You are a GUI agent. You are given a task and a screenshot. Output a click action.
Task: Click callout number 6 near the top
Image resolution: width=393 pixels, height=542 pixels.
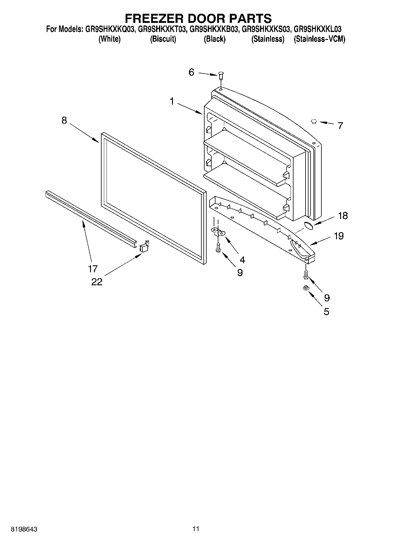pos(191,72)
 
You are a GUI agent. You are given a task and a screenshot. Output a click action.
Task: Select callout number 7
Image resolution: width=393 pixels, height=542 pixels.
pos(340,126)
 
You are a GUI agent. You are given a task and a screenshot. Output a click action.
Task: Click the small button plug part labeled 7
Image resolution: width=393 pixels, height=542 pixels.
pos(314,121)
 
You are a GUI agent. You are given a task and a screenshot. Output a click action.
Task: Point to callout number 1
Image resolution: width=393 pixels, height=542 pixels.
pos(172,101)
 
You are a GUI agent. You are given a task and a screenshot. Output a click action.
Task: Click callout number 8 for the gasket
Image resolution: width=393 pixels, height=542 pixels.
pos(64,120)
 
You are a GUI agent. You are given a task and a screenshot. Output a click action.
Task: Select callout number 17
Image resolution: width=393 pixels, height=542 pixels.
pos(93,269)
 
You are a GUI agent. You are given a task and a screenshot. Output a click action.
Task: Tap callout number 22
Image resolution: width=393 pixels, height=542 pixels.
pos(97,282)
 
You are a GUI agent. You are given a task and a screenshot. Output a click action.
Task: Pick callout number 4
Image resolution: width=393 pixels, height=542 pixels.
pos(242,259)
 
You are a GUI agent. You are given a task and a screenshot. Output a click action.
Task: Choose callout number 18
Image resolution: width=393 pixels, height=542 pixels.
pos(343,216)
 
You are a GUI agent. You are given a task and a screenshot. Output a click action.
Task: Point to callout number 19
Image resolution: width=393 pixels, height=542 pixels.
pos(339,236)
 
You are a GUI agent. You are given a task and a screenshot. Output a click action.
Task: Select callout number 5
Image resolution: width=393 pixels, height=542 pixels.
pos(326,311)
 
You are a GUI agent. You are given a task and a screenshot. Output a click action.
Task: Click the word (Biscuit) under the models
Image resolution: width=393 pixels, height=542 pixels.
pos(163,39)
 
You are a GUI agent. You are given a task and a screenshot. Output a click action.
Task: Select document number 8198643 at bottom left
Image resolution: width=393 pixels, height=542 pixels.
pos(24,529)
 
